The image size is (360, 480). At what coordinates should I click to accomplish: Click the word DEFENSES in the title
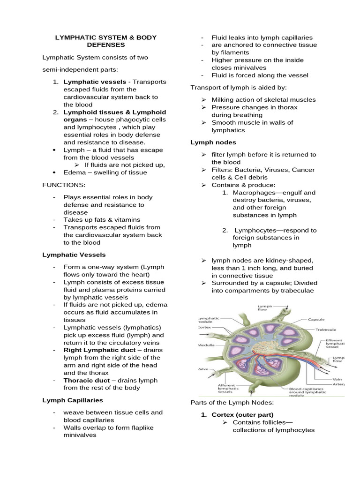click(x=105, y=45)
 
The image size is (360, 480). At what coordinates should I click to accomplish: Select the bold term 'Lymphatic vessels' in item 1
click(x=90, y=82)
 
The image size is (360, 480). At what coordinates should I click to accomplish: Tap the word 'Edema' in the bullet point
click(x=74, y=172)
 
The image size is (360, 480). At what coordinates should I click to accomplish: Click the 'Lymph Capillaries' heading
click(x=73, y=400)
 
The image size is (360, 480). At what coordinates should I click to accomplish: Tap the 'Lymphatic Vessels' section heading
click(x=74, y=255)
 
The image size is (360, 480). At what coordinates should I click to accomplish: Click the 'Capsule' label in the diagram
click(x=316, y=320)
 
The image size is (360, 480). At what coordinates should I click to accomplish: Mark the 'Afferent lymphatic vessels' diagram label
click(x=229, y=389)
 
